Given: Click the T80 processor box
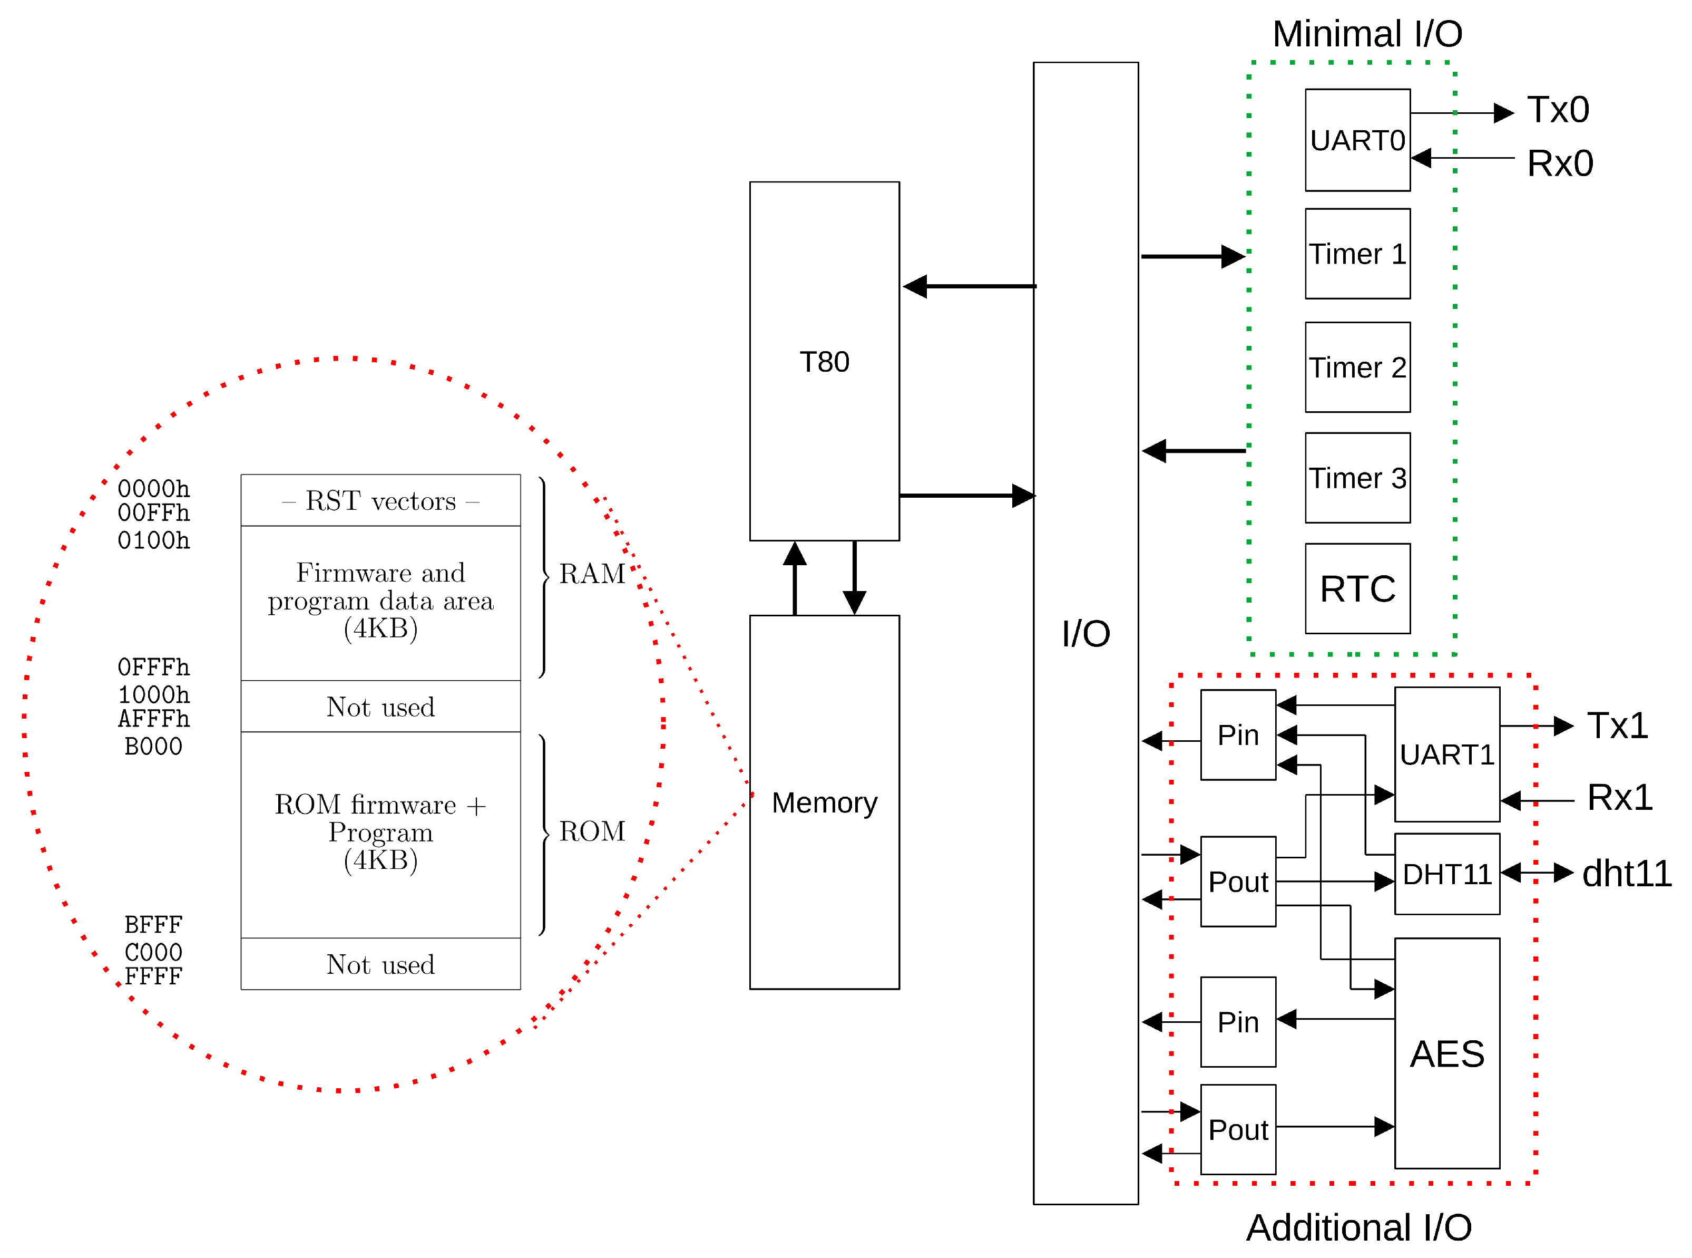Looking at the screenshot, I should pyautogui.click(x=824, y=361).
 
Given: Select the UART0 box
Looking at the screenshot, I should pyautogui.click(x=1357, y=140).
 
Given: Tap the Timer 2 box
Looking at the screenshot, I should pyautogui.click(x=1357, y=367).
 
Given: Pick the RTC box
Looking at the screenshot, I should pyautogui.click(x=1357, y=588).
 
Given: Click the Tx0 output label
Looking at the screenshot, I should pyautogui.click(x=1557, y=110).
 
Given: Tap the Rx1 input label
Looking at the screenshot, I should pyautogui.click(x=1619, y=797).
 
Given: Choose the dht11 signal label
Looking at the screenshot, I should pyautogui.click(x=1626, y=874).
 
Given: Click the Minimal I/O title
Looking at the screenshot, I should pyautogui.click(x=1366, y=34).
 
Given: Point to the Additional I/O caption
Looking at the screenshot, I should pyautogui.click(x=1358, y=1227).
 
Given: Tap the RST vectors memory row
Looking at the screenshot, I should pyautogui.click(x=380, y=500).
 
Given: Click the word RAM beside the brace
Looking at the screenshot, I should pyautogui.click(x=591, y=574).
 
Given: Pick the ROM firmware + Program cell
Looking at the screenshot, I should pyautogui.click(x=380, y=833).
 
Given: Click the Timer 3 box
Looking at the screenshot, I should pyautogui.click(x=1357, y=478).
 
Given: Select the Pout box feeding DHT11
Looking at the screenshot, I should pyautogui.click(x=1238, y=881).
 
